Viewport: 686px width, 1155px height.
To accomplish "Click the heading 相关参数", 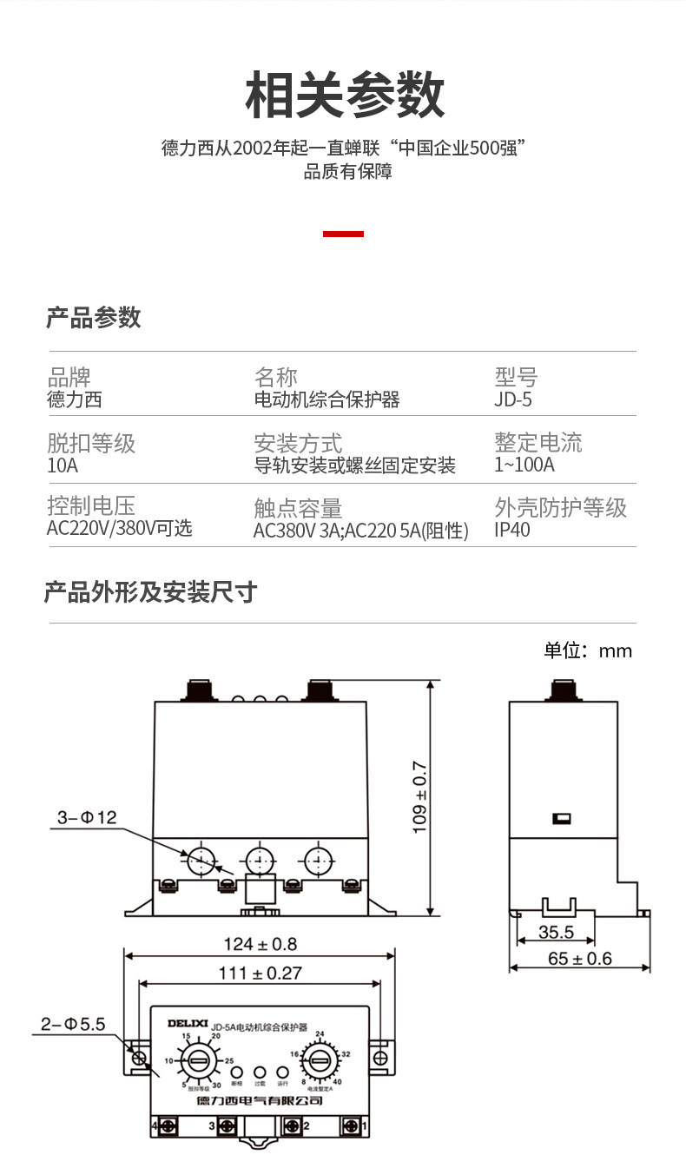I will pos(345,96).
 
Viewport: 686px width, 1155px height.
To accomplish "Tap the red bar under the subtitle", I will pos(343,234).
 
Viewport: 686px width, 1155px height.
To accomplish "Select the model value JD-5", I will pos(512,399).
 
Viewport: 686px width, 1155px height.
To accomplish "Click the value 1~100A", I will pos(524,465).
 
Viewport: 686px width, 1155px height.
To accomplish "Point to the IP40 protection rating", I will pos(511,530).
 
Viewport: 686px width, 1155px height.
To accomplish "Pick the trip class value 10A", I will pos(63,465).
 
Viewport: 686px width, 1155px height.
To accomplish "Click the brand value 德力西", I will pos(74,399).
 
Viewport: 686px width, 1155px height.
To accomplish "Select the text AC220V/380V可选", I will pos(119,528).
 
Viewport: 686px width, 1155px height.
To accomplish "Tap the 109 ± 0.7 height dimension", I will pos(419,798).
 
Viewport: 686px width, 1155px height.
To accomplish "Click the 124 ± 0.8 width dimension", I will pos(260,944).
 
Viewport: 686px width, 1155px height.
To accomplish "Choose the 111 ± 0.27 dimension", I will pos(260,973).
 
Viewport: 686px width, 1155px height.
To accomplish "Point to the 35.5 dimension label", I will pos(556,933).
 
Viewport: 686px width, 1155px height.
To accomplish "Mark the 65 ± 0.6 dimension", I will pos(580,959).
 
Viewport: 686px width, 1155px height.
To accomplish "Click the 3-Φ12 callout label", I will pos(86,817).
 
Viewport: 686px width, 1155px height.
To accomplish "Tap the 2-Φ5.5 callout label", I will pos(73,1025).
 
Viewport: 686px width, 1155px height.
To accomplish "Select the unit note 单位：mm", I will pos(588,650).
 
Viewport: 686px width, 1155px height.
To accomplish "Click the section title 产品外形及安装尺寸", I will pos(151,593).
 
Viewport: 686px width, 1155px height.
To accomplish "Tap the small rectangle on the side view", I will pos(561,818).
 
